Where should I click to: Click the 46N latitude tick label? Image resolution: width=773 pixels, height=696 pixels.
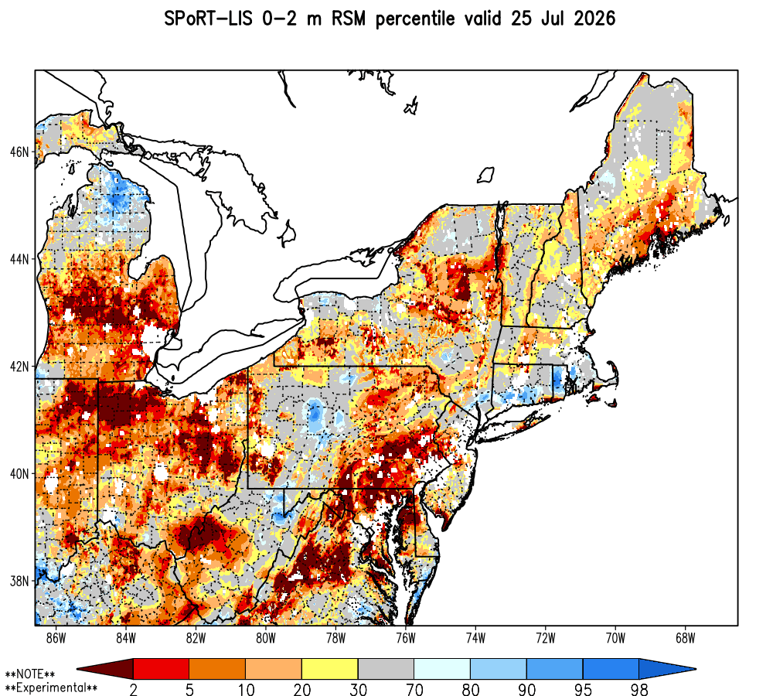pyautogui.click(x=19, y=152)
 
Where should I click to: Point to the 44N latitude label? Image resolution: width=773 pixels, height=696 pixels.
pyautogui.click(x=19, y=259)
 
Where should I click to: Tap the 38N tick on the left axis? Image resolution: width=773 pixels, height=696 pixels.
pyautogui.click(x=19, y=581)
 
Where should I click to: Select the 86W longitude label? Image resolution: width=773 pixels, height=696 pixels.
pyautogui.click(x=56, y=638)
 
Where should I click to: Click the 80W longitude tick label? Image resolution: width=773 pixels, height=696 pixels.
pyautogui.click(x=266, y=638)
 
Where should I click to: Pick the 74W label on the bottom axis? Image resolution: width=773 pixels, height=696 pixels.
pyautogui.click(x=475, y=638)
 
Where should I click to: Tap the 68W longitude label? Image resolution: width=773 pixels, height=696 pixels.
pyautogui.click(x=685, y=638)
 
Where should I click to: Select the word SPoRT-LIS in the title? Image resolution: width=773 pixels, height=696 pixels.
pyautogui.click(x=208, y=19)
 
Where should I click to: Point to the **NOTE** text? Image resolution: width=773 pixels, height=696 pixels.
pyautogui.click(x=29, y=674)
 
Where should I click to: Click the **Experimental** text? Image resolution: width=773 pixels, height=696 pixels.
pyautogui.click(x=51, y=687)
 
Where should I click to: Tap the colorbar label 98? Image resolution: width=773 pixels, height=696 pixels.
pyautogui.click(x=639, y=689)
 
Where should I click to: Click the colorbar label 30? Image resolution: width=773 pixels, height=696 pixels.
pyautogui.click(x=359, y=689)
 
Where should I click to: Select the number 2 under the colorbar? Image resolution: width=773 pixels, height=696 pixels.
pyautogui.click(x=133, y=689)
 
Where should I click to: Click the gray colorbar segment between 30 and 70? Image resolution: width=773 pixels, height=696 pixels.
pyautogui.click(x=386, y=669)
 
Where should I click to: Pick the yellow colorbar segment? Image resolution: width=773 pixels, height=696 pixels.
pyautogui.click(x=330, y=669)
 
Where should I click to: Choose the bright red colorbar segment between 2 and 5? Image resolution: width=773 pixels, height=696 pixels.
pyautogui.click(x=162, y=669)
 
